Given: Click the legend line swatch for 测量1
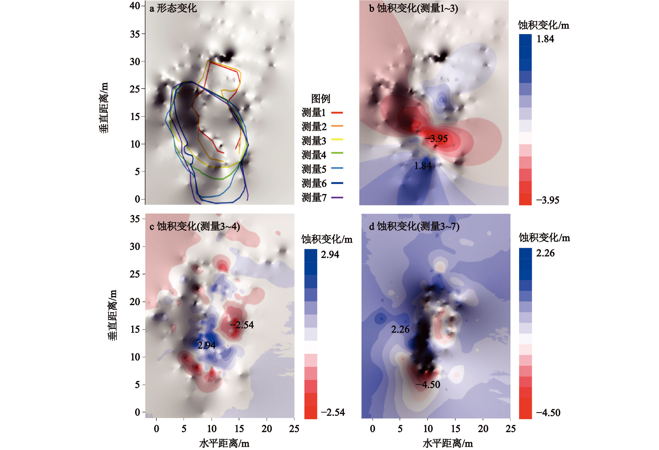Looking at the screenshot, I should coord(337,113).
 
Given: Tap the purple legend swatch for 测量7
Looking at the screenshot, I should coord(337,197).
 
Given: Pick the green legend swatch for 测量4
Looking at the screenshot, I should coord(337,153).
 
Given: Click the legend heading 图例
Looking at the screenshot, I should coord(320,99).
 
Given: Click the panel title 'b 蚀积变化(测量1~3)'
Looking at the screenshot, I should coord(413,8).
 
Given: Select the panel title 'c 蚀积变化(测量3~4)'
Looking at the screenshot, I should coord(195,226).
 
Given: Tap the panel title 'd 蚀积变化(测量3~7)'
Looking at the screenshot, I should coord(414,226).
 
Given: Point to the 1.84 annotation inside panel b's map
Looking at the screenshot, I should coord(423,166).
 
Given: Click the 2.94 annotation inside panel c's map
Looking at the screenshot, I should coord(206,345).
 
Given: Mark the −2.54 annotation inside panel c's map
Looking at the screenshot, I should coord(242,325).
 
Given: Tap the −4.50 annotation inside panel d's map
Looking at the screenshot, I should coord(428,384).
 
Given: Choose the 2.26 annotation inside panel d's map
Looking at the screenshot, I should coord(400,329).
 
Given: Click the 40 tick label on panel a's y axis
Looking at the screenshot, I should coord(135,6).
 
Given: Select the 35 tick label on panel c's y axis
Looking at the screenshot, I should coord(135,219).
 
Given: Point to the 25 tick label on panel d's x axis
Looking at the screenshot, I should coord(510,429).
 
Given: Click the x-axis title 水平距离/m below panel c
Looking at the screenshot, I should coord(224,443).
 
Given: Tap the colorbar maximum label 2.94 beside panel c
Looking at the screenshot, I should coord(330,254).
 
